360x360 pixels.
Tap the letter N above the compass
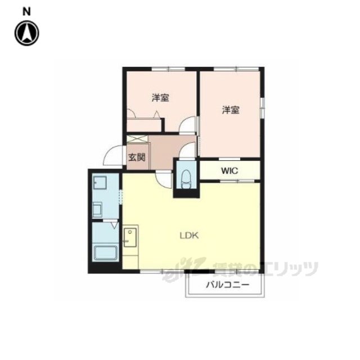pyautogui.click(x=26, y=12)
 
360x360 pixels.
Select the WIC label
pyautogui.click(x=229, y=171)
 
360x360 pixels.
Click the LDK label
pyautogui.click(x=189, y=236)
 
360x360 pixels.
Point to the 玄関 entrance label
pyautogui.click(x=137, y=157)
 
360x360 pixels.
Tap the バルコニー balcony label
pyautogui.click(x=227, y=285)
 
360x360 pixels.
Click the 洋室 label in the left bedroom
pyautogui.click(x=160, y=98)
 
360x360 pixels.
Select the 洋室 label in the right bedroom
pyautogui.click(x=231, y=110)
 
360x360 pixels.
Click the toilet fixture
pyautogui.click(x=186, y=179)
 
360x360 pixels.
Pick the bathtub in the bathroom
pyautogui.click(x=106, y=253)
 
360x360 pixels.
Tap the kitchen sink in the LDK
pyautogui.click(x=130, y=237)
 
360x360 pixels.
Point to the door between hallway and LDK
pyautogui.click(x=164, y=179)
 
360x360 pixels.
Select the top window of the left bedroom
pyautogui.click(x=168, y=69)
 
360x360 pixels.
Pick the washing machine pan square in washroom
pyautogui.click(x=100, y=182)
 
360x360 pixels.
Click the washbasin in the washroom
pyautogui.click(x=97, y=209)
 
